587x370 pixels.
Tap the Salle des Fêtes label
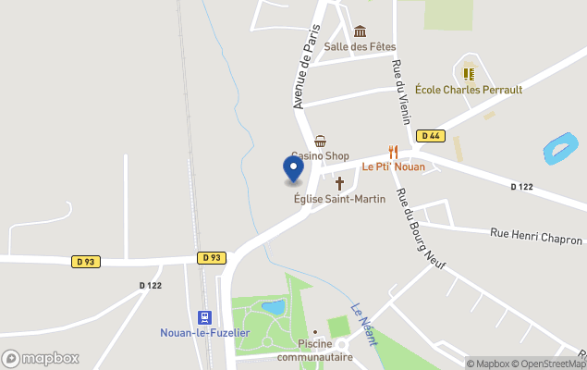click(360, 46)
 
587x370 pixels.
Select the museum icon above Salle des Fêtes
click(360, 31)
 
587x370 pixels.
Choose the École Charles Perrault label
click(468, 90)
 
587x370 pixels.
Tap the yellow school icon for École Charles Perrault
click(468, 72)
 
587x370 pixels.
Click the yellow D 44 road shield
click(430, 136)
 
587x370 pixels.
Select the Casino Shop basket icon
click(320, 141)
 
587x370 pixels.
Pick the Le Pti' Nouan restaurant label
click(393, 167)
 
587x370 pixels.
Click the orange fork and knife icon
click(393, 152)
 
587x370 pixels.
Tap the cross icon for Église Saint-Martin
click(339, 183)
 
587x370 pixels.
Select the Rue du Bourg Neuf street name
click(421, 230)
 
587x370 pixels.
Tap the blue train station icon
click(205, 315)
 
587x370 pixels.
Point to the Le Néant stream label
click(363, 324)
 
